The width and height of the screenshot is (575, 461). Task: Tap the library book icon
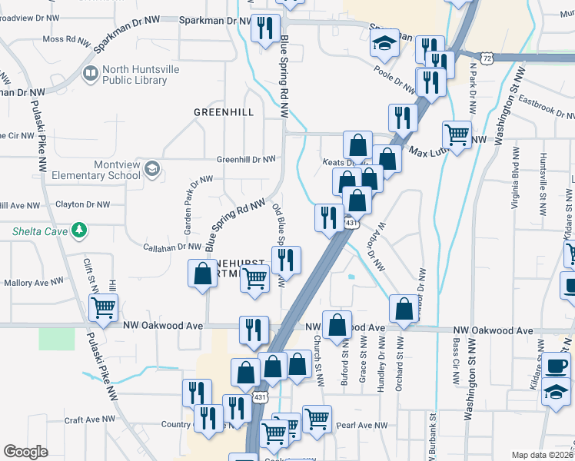91,74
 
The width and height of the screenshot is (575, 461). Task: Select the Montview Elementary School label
96,170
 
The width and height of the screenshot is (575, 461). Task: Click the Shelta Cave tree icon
78,230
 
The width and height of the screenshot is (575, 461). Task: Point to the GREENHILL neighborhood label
223,112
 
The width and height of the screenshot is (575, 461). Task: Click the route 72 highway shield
487,58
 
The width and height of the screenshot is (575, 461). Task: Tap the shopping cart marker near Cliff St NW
103,308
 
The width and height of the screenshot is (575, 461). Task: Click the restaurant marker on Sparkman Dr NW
265,29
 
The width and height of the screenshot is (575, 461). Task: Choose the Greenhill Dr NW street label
245,159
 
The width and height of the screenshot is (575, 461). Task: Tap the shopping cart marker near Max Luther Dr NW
457,135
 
